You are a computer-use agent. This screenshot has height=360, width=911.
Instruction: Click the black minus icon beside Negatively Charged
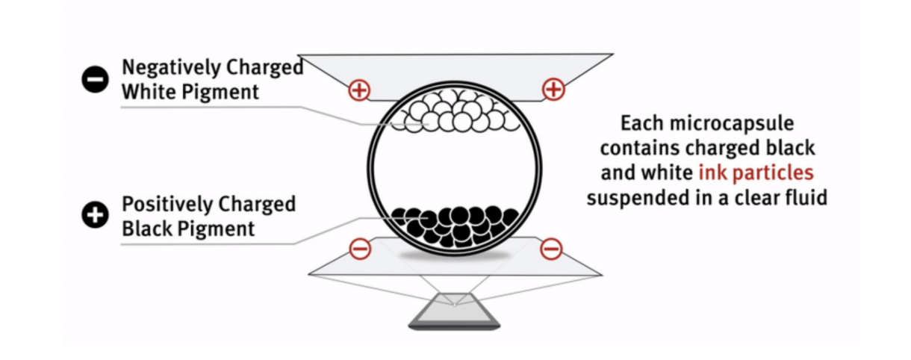click(95, 79)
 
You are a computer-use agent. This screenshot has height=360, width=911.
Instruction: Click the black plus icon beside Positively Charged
click(95, 214)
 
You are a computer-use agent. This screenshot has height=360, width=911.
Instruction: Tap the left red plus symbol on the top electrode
click(359, 90)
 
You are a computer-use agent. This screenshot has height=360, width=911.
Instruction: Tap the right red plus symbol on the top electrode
click(553, 90)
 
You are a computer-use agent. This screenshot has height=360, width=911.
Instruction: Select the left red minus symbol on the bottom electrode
click(361, 249)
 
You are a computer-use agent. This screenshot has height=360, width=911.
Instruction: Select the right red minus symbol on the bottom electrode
click(551, 249)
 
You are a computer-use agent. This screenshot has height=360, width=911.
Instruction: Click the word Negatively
click(171, 68)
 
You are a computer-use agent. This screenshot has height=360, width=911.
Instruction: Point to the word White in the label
click(149, 92)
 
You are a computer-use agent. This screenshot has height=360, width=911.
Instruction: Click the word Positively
click(167, 205)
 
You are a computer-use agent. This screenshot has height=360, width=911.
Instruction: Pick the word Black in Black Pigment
click(147, 229)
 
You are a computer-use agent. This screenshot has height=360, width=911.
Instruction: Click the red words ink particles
click(756, 173)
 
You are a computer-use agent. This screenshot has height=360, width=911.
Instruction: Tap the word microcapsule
click(732, 124)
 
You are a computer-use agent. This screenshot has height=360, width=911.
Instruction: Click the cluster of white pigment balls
click(455, 112)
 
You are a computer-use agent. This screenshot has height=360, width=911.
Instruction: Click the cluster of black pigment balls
click(455, 226)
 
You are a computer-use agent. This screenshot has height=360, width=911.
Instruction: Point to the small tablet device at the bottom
click(454, 311)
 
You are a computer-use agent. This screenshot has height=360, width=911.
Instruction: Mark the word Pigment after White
click(220, 93)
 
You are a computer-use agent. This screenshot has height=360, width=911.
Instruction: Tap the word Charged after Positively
click(257, 205)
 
